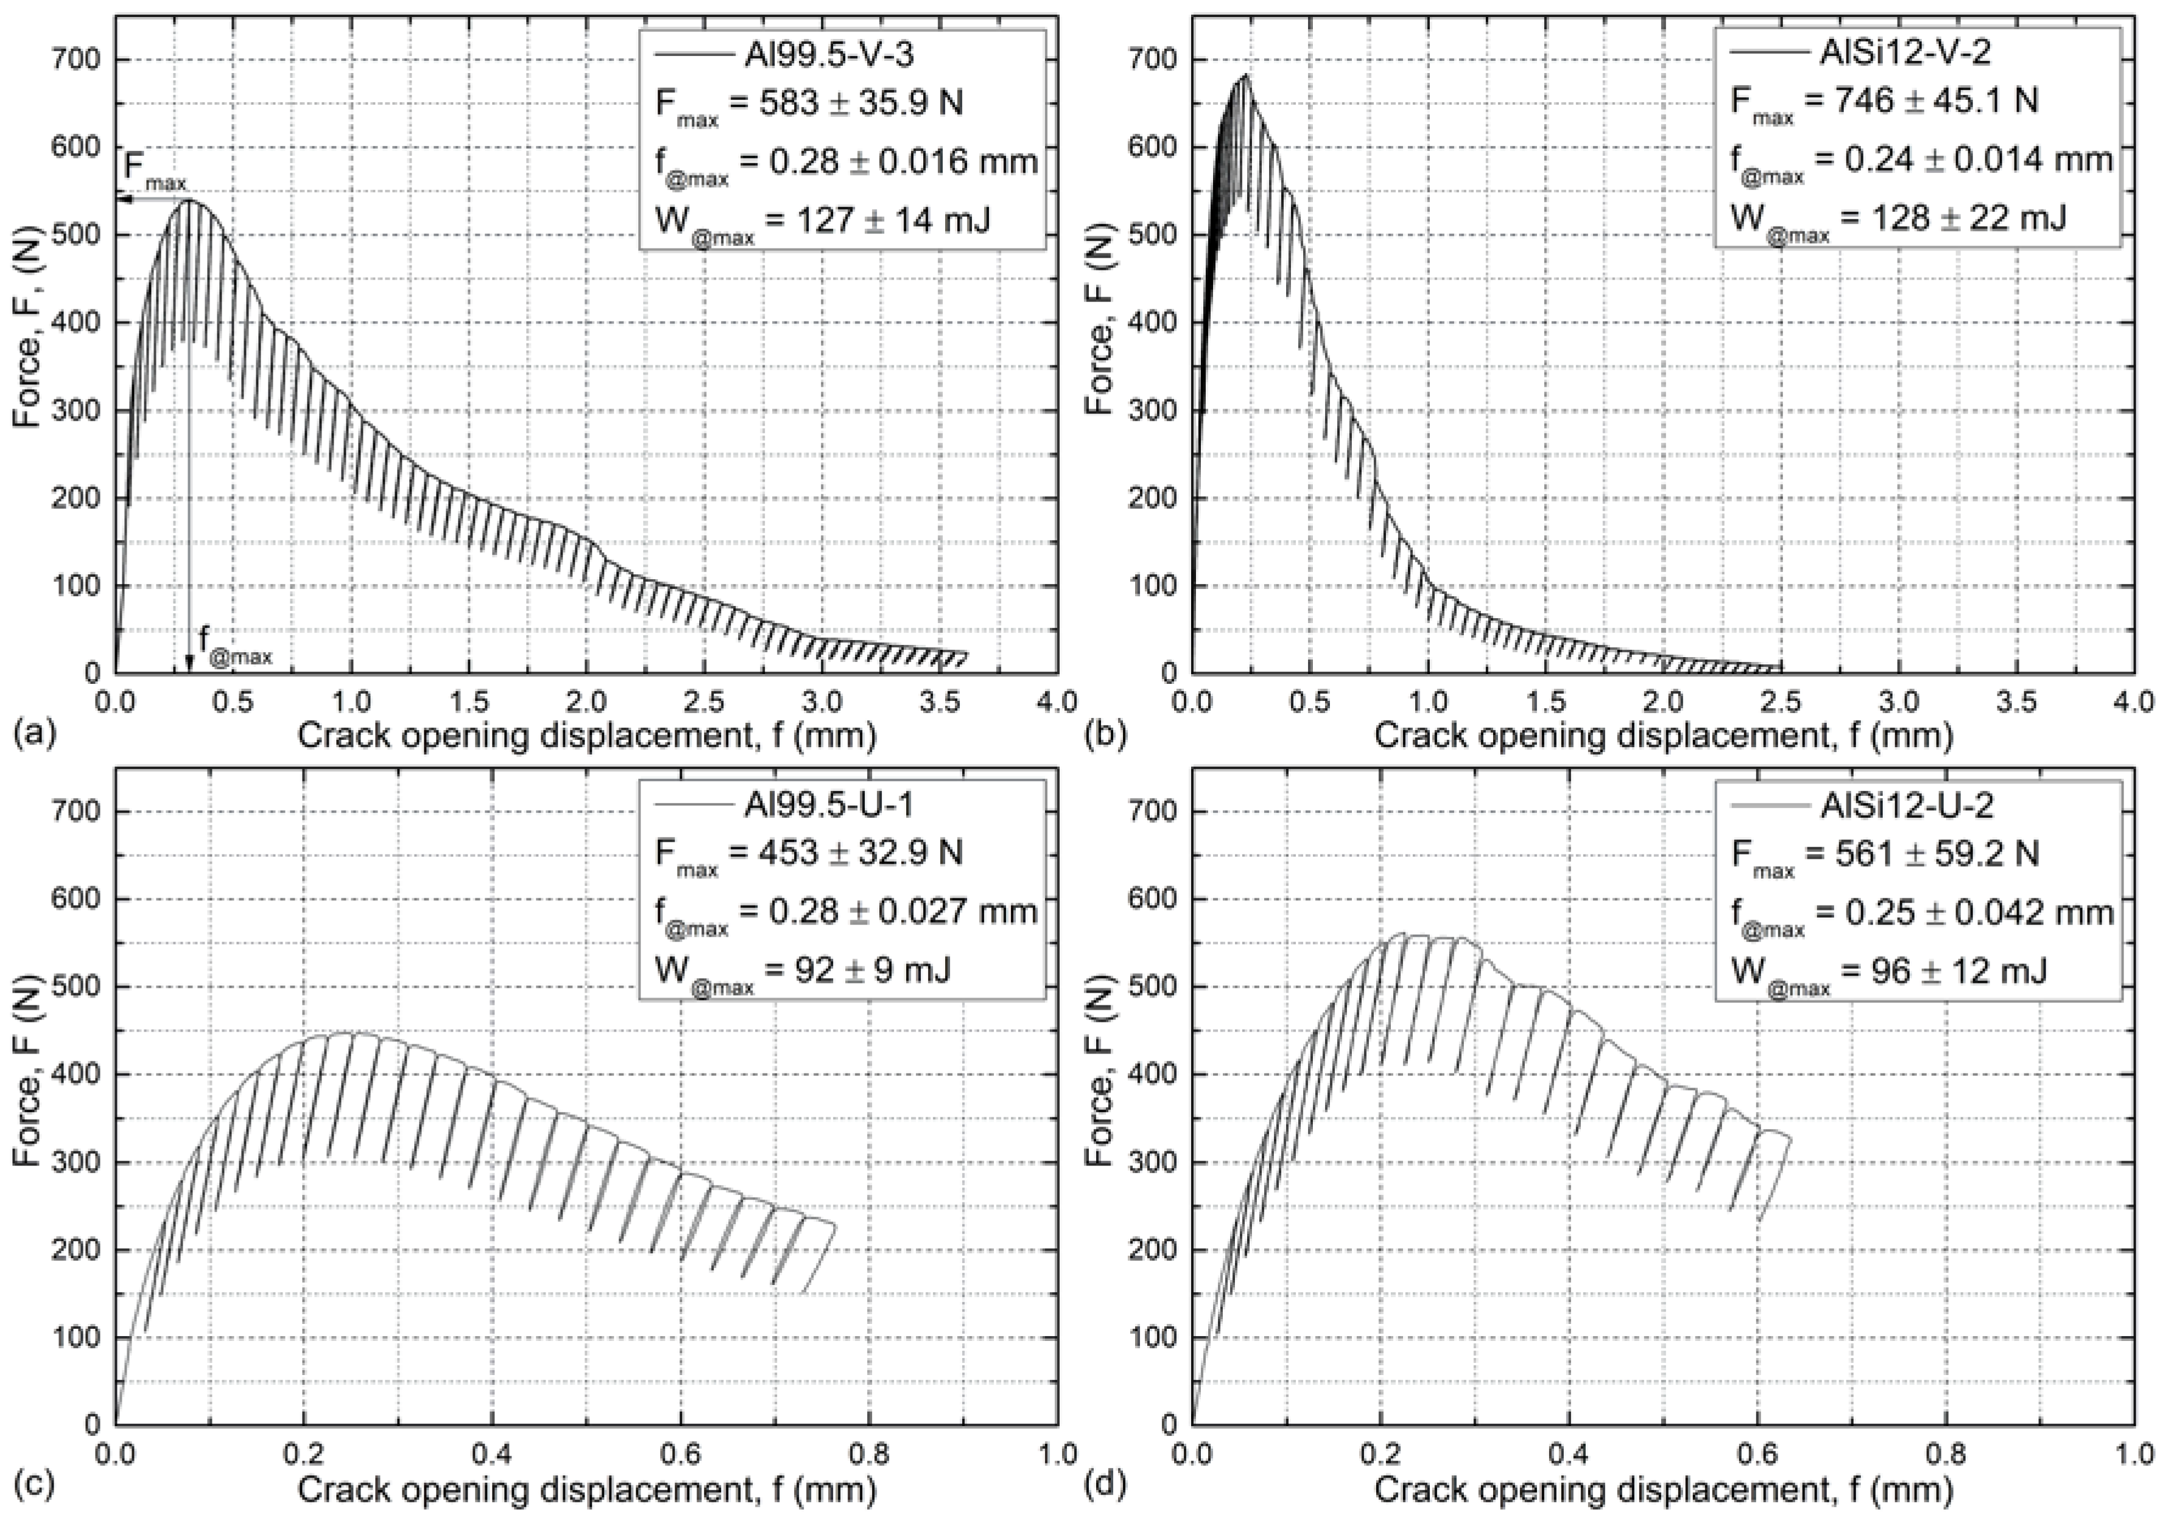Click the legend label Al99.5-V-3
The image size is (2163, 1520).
pos(827,55)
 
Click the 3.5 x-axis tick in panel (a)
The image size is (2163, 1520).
pos(940,702)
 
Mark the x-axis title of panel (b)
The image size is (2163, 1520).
pos(1663,735)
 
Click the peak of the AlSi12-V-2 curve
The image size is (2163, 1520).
pos(1245,76)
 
